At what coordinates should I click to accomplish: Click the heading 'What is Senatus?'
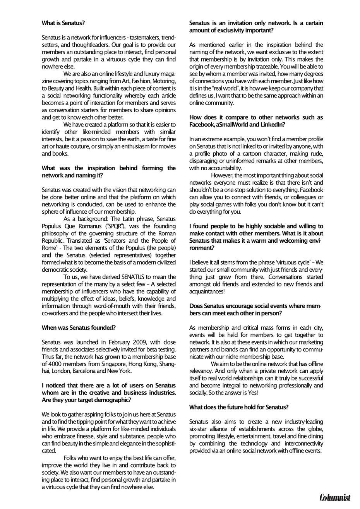click(x=63, y=23)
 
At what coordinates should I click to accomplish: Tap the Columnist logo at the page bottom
click(x=335, y=497)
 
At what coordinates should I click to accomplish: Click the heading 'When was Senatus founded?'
click(x=79, y=327)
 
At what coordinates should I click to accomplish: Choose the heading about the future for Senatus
click(x=239, y=407)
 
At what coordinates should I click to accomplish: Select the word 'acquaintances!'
click(x=207, y=291)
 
